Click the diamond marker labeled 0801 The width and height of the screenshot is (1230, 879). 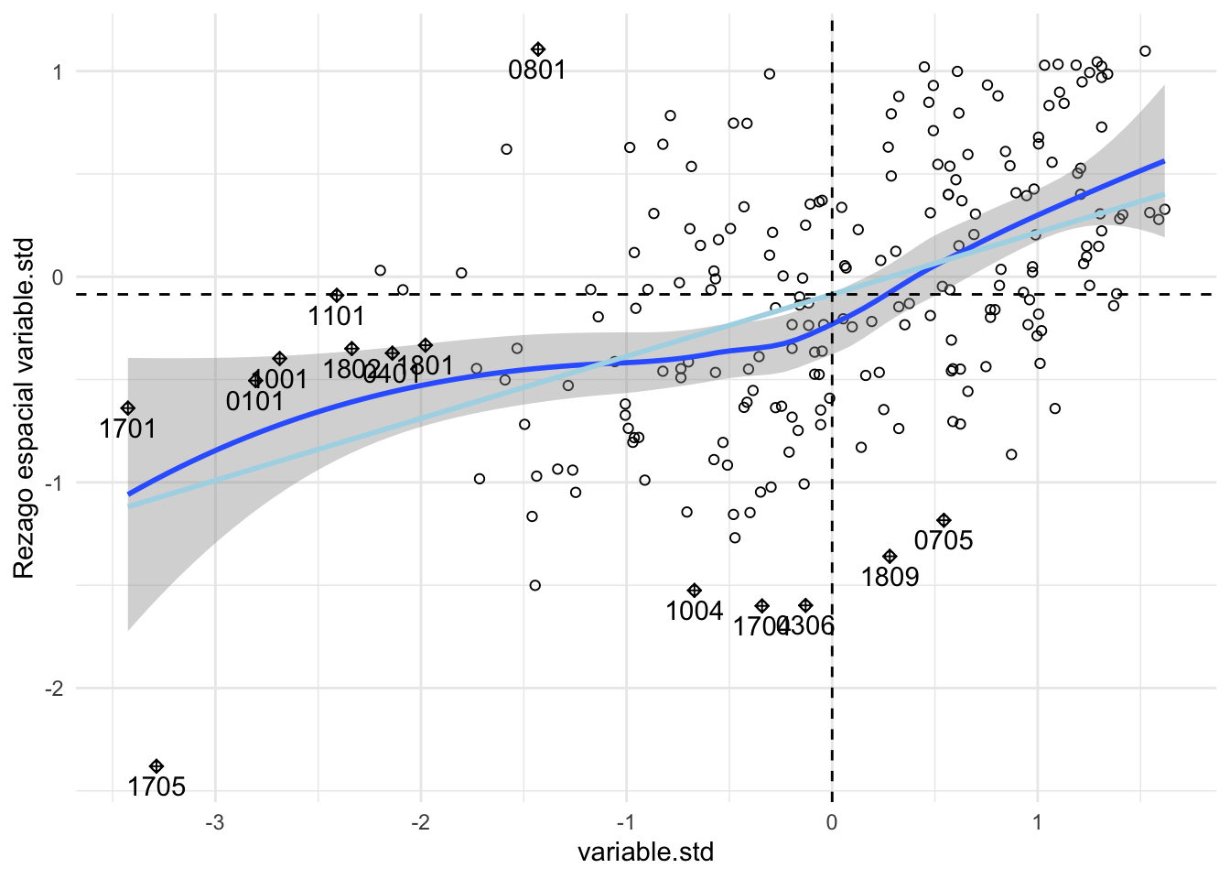coord(538,49)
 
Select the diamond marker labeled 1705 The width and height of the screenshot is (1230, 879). coord(156,766)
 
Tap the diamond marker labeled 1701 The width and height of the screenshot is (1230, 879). coord(128,408)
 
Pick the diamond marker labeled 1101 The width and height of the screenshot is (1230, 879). coord(337,295)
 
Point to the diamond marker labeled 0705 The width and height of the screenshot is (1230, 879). coord(944,520)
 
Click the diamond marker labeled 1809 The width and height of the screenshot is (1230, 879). coord(890,557)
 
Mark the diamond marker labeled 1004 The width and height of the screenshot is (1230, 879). coord(694,591)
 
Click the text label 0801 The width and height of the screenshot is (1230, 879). coord(537,71)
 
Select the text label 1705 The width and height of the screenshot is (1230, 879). coord(156,787)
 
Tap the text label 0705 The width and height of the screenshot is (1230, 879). coord(944,541)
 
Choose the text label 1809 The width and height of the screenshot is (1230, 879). coord(890,578)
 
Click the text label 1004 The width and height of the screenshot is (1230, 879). coord(694,612)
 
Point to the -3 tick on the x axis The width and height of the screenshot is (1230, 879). coord(215,822)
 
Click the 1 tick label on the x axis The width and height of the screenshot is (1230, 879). coord(1037,822)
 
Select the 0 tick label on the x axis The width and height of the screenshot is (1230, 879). coord(831,822)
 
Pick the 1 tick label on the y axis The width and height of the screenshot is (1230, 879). coord(57,71)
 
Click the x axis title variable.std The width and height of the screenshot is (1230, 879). coord(645,853)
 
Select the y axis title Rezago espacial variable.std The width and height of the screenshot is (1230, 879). coord(24,408)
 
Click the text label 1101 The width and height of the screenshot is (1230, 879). coord(337,317)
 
